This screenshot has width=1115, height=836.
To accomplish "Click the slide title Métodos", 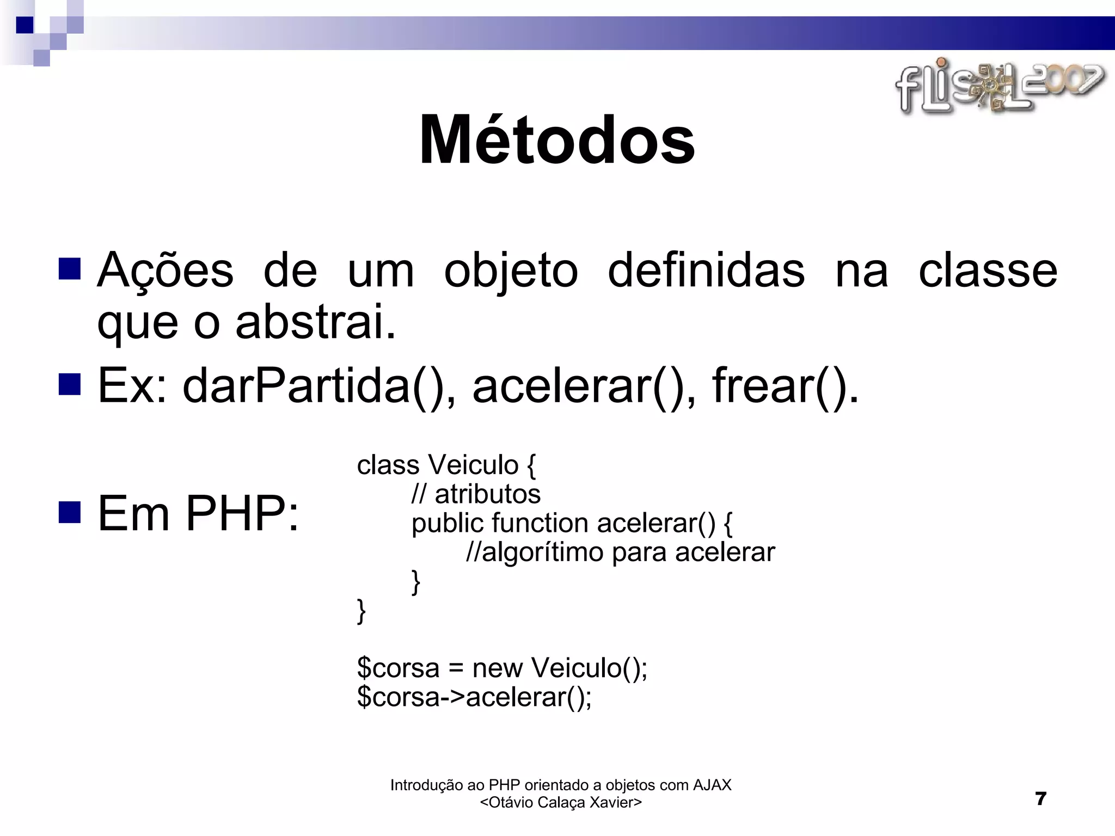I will click(x=557, y=140).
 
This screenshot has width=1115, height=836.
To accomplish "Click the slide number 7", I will click(x=1040, y=798).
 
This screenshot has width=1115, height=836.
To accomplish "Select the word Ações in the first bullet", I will click(x=165, y=271).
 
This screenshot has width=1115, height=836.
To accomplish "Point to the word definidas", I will click(x=706, y=271).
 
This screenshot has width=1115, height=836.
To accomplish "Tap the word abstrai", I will click(x=315, y=322).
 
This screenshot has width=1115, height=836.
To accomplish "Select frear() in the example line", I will click(x=785, y=386).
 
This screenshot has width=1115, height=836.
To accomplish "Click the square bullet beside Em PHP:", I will click(x=69, y=512).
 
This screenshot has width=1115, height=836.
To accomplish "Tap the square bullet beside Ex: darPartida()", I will click(x=69, y=384).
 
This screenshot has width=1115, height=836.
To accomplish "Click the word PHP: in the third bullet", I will click(x=242, y=513).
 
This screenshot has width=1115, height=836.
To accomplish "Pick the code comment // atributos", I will click(x=476, y=494).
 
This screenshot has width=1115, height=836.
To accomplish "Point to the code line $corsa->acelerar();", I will click(x=474, y=697).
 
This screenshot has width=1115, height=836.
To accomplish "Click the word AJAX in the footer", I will click(x=712, y=785).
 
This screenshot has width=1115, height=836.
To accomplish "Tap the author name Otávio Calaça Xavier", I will click(x=561, y=802).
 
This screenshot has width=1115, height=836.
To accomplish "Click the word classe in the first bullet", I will click(x=988, y=271).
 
